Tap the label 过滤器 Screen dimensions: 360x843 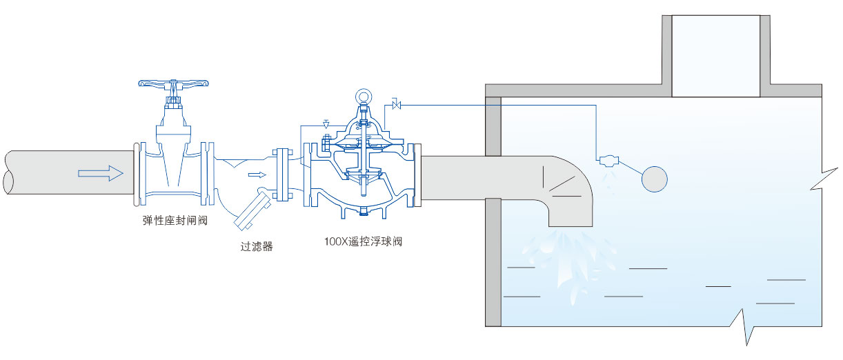click(x=257, y=246)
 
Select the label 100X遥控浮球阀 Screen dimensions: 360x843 click(x=363, y=242)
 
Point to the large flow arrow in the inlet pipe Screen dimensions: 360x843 click(x=95, y=173)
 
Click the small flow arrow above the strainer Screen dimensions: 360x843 click(x=257, y=174)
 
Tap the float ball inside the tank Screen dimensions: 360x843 click(x=655, y=179)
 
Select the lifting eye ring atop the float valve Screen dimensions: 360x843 click(x=363, y=97)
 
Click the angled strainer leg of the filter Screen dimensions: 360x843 click(x=250, y=213)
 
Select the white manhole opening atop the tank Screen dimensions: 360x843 click(x=716, y=55)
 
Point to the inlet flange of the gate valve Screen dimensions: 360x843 click(x=136, y=174)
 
